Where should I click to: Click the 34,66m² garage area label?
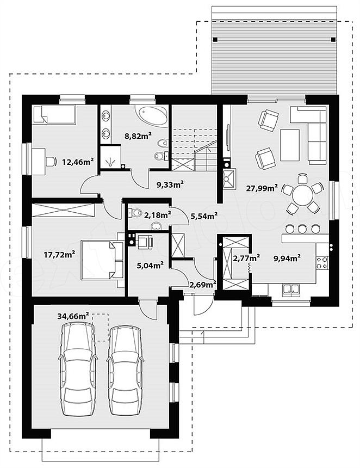[x=73, y=316]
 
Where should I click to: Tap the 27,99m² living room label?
[x=262, y=188]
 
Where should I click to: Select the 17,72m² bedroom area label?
[x=59, y=255]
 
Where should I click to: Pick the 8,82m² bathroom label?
[x=138, y=136]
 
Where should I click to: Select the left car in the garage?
[x=78, y=370]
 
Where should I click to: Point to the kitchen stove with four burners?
[x=322, y=263]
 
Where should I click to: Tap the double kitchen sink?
[x=291, y=290]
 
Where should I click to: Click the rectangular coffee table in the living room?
[x=290, y=145]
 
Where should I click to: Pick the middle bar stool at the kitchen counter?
[x=302, y=229]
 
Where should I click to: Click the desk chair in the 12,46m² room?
[x=51, y=162]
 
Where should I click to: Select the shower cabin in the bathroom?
[x=110, y=158]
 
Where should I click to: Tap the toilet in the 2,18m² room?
[x=136, y=212]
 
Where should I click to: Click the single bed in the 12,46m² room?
[x=54, y=114]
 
